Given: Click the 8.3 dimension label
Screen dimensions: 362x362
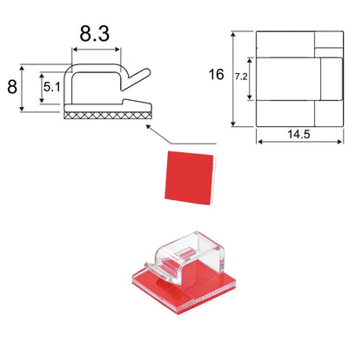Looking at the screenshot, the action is tap(95, 34).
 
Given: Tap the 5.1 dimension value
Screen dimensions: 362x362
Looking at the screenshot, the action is tap(52, 87).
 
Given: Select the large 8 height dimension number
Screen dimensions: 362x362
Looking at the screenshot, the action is tap(12, 87).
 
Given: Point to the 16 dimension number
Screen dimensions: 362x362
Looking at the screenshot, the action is tap(217, 75).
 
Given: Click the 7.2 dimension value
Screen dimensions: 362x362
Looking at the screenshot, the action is tap(241, 77).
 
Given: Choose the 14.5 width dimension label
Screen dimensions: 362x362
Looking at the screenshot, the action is tap(298, 134).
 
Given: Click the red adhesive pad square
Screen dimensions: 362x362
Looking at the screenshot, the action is tap(189, 178).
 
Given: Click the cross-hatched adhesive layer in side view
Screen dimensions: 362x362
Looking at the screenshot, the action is tap(108, 116).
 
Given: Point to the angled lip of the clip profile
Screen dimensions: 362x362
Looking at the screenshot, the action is tap(136, 79).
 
